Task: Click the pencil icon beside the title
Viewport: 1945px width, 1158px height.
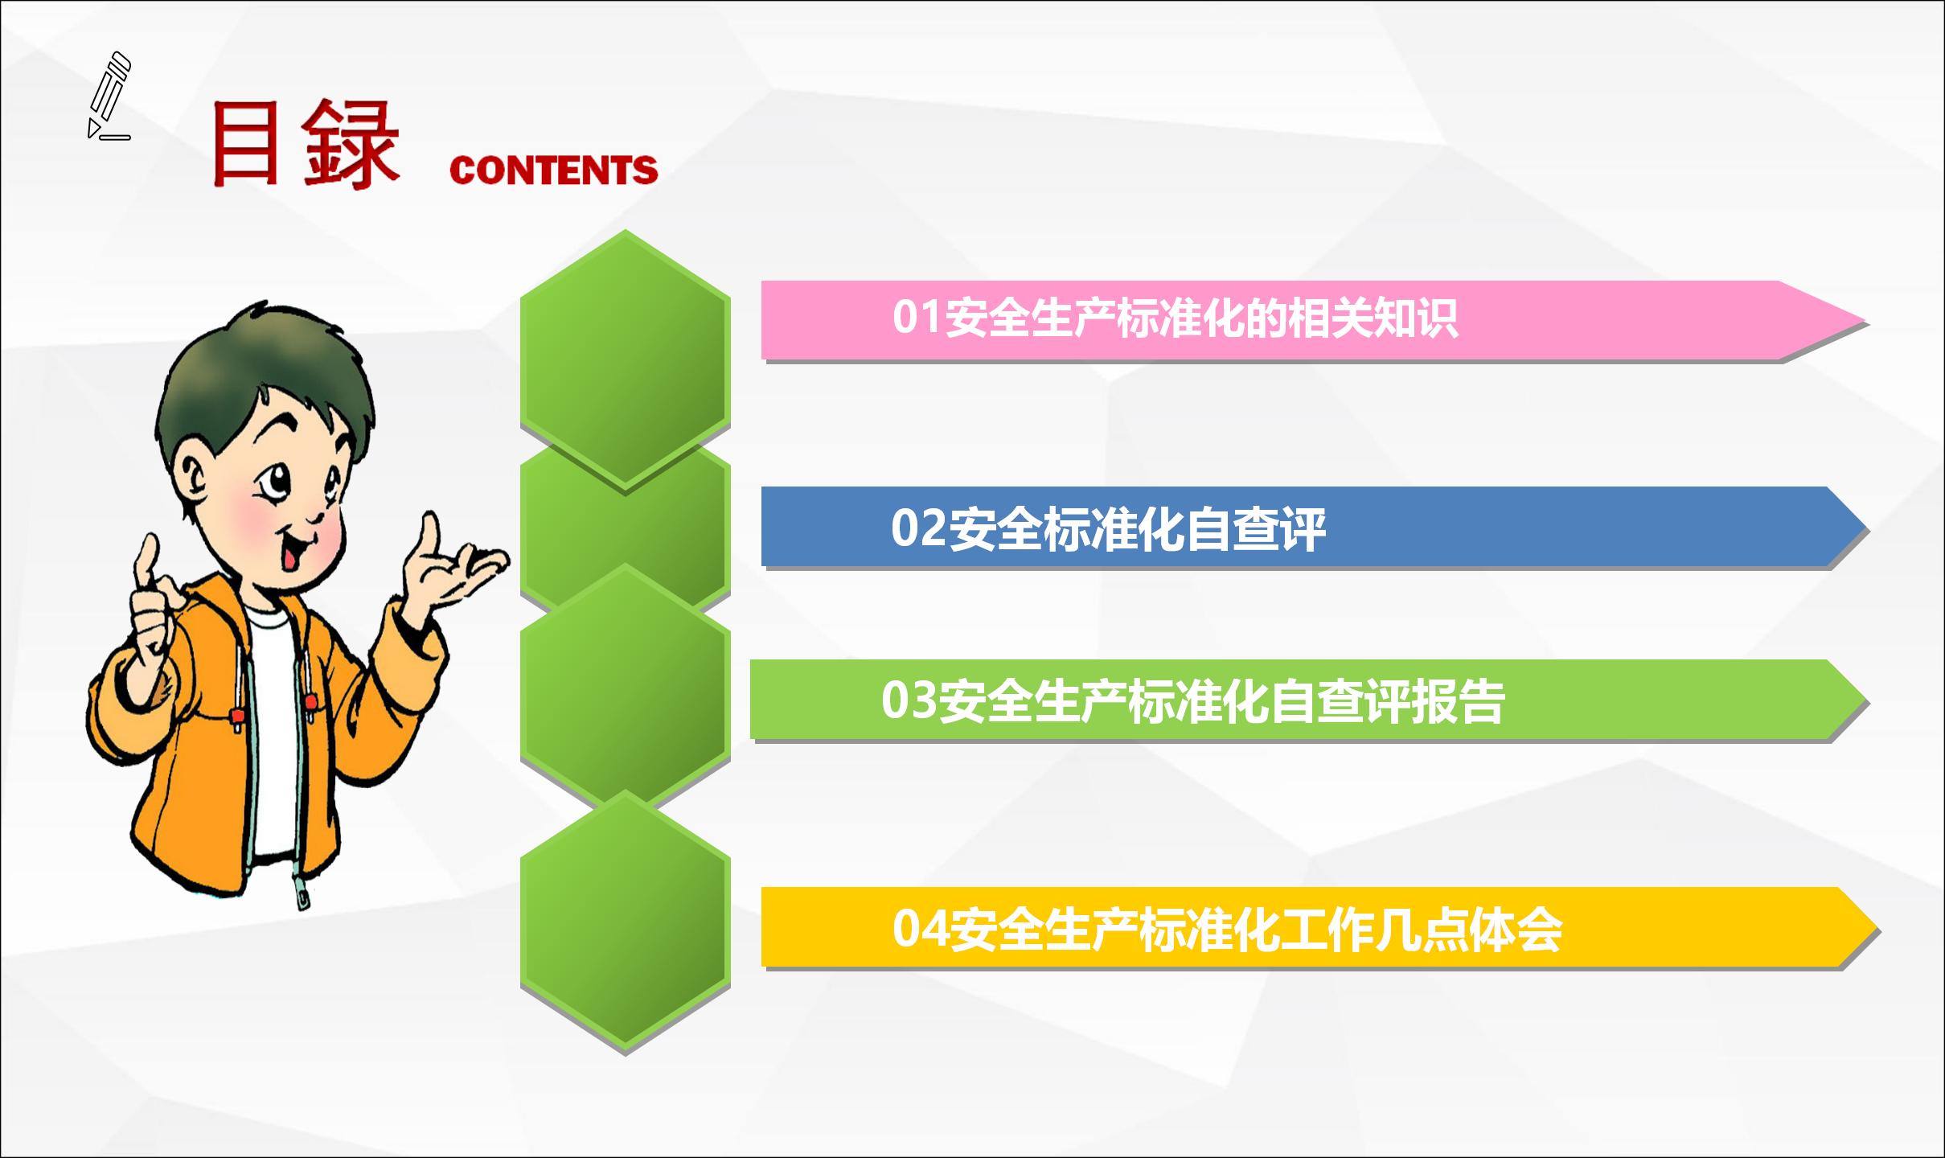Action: point(109,96)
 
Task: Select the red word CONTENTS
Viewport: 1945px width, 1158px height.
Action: point(553,170)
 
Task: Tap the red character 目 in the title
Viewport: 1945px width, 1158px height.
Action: point(245,143)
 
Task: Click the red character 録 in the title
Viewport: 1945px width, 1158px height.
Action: point(351,144)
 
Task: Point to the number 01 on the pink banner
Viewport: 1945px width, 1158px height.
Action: point(917,317)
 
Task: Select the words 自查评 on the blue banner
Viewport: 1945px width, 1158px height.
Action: point(1255,529)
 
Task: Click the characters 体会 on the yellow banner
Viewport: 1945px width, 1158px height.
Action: point(1516,930)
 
